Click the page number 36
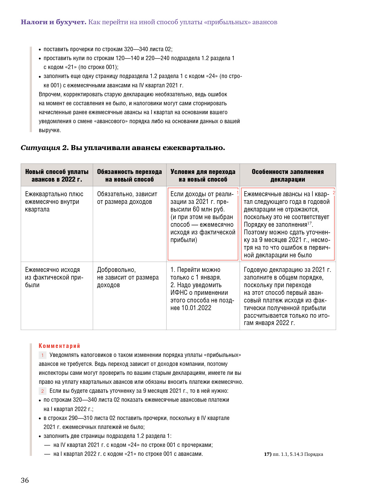(x=25, y=480)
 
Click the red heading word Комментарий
(x=59, y=346)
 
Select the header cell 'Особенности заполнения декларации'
(x=288, y=175)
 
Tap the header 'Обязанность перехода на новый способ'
(x=129, y=175)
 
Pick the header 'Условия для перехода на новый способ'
(x=203, y=175)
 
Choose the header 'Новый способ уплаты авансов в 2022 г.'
(x=57, y=175)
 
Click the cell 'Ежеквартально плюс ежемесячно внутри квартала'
(x=54, y=202)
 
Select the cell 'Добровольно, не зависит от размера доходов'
(x=128, y=277)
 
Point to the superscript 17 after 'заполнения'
(x=309, y=223)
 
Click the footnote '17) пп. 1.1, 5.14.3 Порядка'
(x=294, y=454)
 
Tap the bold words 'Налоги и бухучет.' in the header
(x=54, y=22)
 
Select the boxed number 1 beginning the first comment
(x=43, y=355)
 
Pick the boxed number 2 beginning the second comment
(x=43, y=391)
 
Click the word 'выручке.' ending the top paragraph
(x=50, y=130)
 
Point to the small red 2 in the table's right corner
(x=334, y=193)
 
